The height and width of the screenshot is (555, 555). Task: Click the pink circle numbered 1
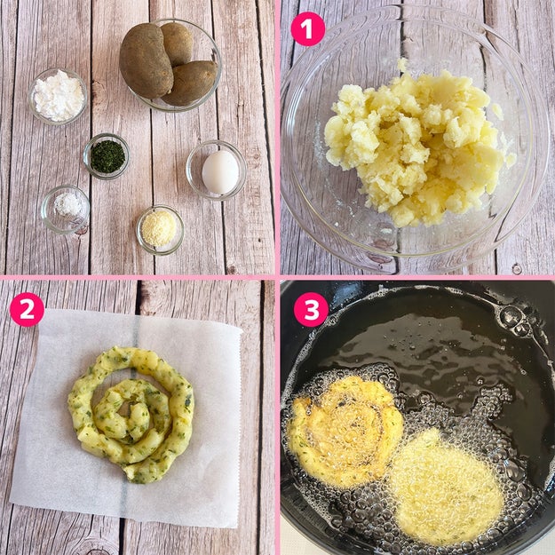tap(307, 29)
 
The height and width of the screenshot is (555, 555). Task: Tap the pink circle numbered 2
tap(27, 309)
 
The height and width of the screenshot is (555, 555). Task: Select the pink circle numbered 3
tap(312, 310)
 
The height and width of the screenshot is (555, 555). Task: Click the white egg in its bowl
tap(220, 172)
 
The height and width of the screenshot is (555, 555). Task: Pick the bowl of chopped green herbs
tap(107, 156)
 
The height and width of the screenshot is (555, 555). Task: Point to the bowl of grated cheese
tap(160, 230)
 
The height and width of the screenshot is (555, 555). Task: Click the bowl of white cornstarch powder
tap(58, 96)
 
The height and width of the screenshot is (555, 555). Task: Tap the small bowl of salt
tap(65, 210)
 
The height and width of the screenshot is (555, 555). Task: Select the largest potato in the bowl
tap(146, 60)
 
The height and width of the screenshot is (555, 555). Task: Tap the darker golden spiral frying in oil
tap(345, 432)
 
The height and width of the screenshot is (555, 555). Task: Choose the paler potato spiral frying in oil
tap(447, 486)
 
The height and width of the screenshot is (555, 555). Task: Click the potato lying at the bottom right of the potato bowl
tap(190, 83)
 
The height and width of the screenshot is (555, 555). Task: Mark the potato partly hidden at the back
tap(177, 44)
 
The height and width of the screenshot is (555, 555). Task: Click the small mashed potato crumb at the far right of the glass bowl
tap(511, 159)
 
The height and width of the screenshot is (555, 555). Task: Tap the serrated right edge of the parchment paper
tap(240, 424)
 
